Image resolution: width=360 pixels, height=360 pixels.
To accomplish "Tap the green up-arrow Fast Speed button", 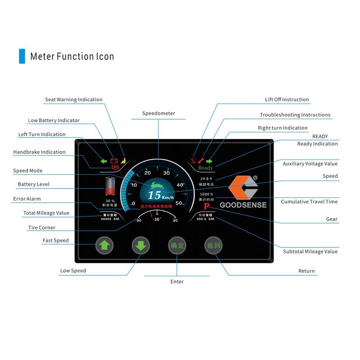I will click(104, 246).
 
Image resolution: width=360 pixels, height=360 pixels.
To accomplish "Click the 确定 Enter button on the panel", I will click(177, 246).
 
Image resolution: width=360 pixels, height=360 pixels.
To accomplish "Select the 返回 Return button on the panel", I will click(213, 246).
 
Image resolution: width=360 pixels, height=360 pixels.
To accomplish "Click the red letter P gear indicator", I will click(207, 207).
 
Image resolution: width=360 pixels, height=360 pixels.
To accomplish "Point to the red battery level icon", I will click(110, 186).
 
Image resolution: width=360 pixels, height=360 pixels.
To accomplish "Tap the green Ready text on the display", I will click(206, 168).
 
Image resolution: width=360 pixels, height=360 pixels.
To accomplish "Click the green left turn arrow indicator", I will click(103, 161).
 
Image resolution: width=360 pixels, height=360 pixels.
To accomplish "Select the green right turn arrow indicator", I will click(209, 161).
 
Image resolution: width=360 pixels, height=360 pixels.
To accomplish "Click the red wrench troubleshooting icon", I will click(201, 161).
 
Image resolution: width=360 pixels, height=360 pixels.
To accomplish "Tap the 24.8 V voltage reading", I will click(206, 179).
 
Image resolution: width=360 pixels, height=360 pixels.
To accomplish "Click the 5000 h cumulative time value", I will click(206, 194).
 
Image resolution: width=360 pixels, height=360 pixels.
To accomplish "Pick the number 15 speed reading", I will click(154, 195).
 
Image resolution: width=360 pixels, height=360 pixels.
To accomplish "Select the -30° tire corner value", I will click(157, 219).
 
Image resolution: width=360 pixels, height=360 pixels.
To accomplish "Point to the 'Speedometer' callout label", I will click(158, 113).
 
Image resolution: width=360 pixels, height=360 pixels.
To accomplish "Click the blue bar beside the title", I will click(22, 56).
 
